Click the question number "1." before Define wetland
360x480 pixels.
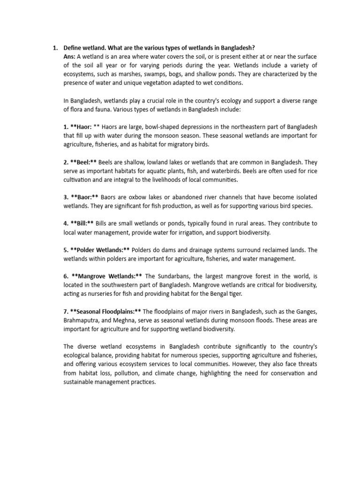coord(55,48)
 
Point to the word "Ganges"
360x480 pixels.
coord(305,311)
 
